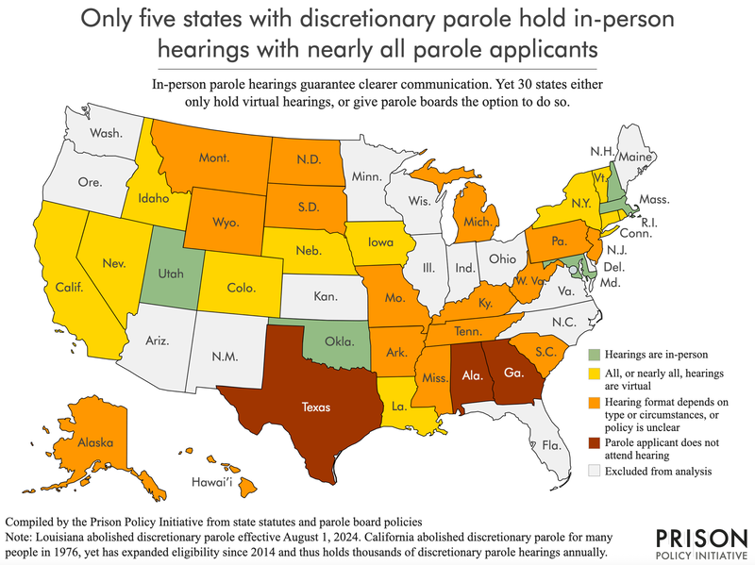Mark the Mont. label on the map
coord(217,159)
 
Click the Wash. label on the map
coord(106,133)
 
